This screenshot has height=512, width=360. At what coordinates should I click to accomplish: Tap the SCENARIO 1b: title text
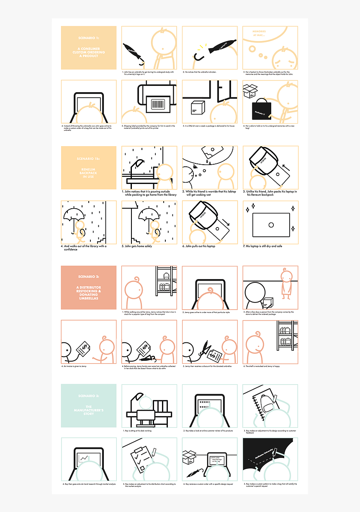(x=88, y=159)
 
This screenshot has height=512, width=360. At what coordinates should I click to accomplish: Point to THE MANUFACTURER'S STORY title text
(x=88, y=410)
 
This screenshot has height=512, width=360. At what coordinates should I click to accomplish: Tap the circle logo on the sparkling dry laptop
(x=271, y=225)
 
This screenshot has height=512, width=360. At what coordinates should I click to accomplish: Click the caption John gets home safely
(x=139, y=246)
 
